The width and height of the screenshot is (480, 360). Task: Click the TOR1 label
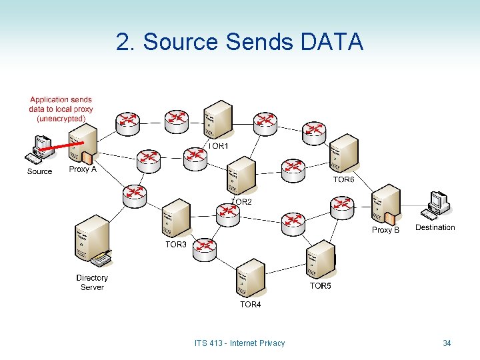[x=219, y=146]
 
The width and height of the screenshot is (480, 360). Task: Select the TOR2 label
[x=241, y=201]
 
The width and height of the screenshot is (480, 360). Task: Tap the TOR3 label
[x=176, y=245]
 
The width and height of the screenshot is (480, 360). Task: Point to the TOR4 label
[x=251, y=305]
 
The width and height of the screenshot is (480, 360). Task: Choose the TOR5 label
[x=320, y=285]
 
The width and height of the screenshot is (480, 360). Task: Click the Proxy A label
[x=83, y=169]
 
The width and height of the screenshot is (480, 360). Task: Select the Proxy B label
[x=385, y=230]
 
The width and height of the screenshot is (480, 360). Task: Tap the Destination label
[x=435, y=227]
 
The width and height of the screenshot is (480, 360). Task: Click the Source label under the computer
[x=39, y=171]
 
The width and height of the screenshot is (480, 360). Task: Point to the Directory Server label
[x=92, y=283]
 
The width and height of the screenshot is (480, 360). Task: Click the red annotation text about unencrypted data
[x=61, y=109]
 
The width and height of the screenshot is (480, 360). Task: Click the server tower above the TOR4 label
[x=250, y=277]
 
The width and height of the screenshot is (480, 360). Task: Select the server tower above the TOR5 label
[x=320, y=259]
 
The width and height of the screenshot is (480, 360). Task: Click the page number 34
[x=447, y=343]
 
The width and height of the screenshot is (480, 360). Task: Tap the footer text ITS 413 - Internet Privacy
[x=239, y=343]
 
